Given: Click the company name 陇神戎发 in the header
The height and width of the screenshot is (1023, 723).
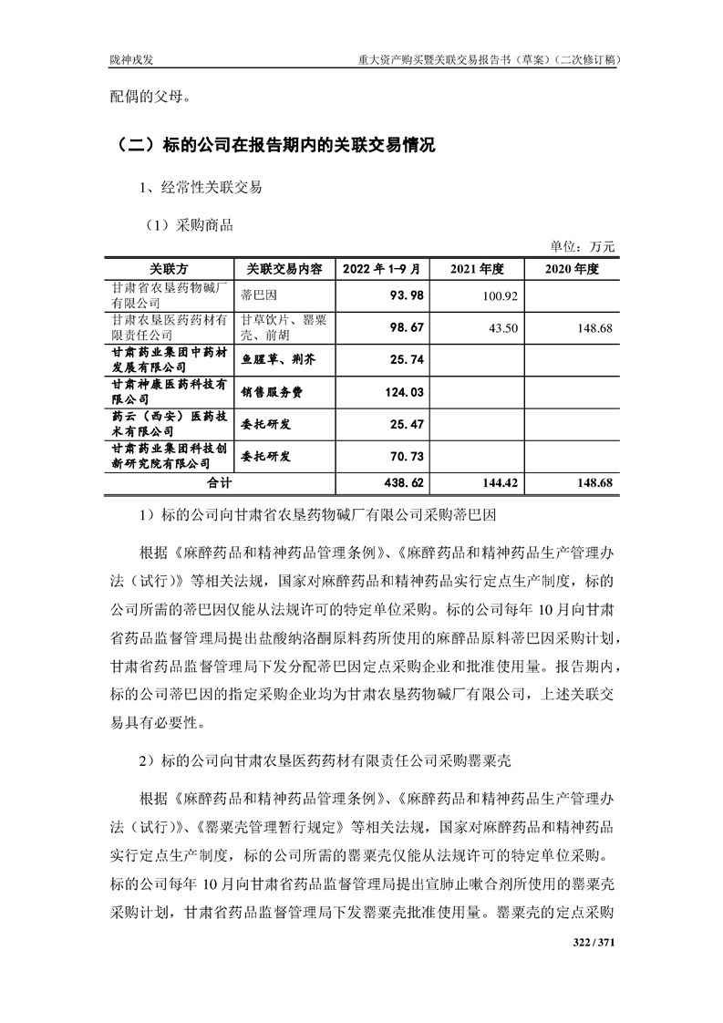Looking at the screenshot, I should (127, 60).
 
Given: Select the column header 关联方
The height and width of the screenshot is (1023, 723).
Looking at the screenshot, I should (169, 270).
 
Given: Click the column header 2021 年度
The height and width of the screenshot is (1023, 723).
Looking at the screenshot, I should (478, 270).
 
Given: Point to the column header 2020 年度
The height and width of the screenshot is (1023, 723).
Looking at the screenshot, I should (571, 270).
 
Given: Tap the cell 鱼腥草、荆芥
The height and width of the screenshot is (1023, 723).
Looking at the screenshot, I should (277, 360).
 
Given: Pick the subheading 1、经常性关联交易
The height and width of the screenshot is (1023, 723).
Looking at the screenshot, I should (201, 188).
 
